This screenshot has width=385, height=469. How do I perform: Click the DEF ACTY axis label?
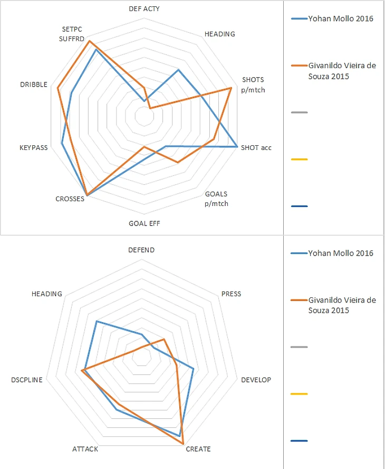tap(144, 8)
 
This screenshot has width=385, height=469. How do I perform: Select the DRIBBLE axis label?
tap(34, 85)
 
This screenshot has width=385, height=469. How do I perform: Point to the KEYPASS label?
tap(33, 148)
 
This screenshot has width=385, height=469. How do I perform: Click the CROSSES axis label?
tap(70, 199)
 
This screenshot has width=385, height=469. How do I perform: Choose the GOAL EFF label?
tap(144, 223)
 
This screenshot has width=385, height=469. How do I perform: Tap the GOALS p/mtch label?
tap(216, 199)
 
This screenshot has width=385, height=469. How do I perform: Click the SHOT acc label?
tap(256, 147)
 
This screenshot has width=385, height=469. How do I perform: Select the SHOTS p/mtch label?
tap(253, 85)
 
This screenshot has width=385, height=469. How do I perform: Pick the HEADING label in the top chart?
tap(219, 34)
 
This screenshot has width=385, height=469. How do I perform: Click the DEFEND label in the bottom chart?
tap(141, 250)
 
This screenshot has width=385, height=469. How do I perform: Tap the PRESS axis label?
tap(231, 294)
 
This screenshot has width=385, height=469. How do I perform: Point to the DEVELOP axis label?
tap(256, 380)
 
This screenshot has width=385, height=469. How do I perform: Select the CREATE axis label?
tap(198, 449)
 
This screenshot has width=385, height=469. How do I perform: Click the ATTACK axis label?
tap(85, 449)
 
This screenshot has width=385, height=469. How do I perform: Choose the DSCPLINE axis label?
tap(26, 380)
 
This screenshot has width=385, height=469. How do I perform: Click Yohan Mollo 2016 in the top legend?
tap(340, 19)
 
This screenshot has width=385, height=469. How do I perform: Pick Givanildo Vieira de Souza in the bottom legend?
tap(342, 305)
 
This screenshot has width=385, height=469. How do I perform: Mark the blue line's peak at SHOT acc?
tap(237, 146)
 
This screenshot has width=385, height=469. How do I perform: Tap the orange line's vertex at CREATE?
tap(183, 443)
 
